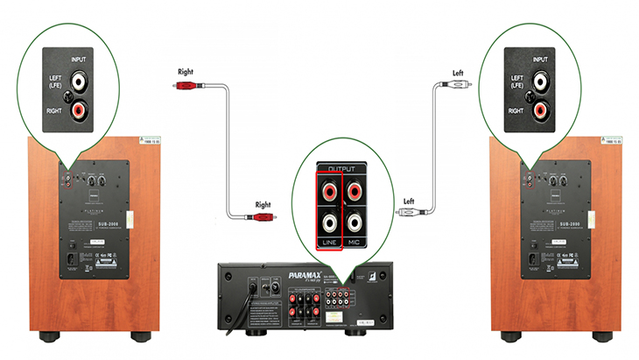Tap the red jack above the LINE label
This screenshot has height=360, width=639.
pyautogui.click(x=330, y=189)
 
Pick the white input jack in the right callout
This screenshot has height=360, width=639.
pyautogui.click(x=543, y=82)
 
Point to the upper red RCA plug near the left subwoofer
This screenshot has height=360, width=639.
pyautogui.click(x=186, y=86)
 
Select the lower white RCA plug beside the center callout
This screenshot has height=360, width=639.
pyautogui.click(x=411, y=212)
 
